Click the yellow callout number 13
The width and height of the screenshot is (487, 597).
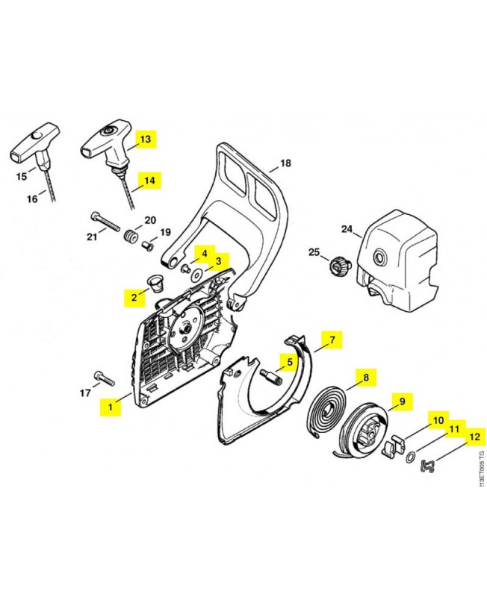coord(145,140)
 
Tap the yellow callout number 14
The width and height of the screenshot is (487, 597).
coord(149,180)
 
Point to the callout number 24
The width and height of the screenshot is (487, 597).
coord(347,229)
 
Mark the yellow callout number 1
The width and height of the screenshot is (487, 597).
coord(111,407)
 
